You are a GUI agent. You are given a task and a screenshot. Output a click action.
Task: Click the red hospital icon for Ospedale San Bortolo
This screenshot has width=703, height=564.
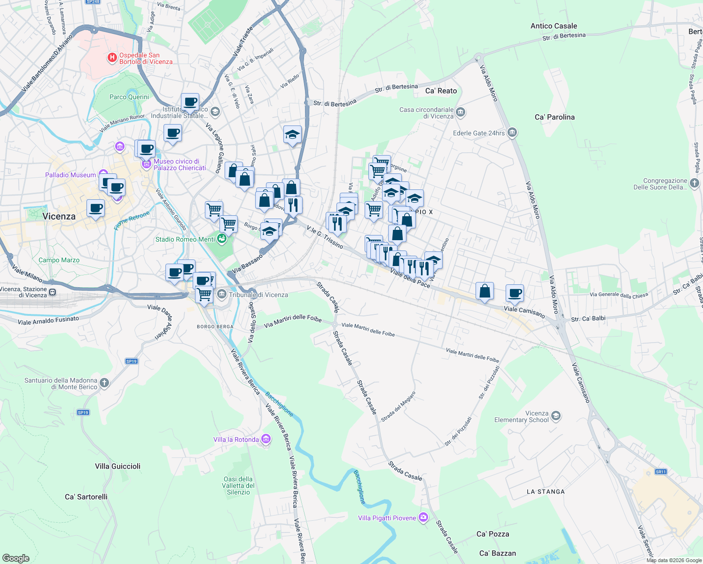[112, 58]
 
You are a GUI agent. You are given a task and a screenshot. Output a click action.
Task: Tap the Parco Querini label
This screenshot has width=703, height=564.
[129, 97]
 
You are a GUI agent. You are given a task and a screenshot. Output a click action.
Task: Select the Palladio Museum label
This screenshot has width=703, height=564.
[70, 175]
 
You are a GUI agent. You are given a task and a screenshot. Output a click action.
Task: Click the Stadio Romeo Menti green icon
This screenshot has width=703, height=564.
[222, 239]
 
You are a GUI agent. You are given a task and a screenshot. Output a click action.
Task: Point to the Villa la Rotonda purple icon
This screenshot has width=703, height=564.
[266, 439]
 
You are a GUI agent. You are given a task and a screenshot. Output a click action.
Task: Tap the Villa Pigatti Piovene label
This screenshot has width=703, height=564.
[387, 518]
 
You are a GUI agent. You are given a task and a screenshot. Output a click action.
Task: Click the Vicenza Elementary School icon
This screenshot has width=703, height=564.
[556, 415]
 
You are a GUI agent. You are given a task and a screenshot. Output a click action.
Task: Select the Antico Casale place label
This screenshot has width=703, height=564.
[554, 26]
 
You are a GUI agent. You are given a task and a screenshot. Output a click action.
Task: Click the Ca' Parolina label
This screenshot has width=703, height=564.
[555, 117]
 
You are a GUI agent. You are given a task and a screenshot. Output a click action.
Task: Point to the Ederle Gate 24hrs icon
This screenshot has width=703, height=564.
[512, 133]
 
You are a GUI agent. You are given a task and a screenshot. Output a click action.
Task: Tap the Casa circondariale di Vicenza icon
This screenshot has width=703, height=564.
[461, 112]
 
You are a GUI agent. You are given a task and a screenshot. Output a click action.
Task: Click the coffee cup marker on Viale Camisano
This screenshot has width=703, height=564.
[515, 292]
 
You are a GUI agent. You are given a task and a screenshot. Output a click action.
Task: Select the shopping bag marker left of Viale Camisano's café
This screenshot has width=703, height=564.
[484, 291]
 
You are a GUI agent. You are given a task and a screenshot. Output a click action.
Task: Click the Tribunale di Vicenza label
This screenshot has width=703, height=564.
[258, 295]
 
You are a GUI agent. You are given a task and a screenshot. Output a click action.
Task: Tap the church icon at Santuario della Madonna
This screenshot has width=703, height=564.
[104, 383]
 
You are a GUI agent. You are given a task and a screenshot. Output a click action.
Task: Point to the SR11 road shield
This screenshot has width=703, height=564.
[661, 472]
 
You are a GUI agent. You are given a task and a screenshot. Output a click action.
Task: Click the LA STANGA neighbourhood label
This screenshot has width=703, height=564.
[546, 492]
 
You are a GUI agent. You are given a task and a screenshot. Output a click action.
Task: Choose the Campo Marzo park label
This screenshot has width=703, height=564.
[59, 260]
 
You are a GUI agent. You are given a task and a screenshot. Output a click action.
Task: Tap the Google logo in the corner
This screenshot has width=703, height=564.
[16, 558]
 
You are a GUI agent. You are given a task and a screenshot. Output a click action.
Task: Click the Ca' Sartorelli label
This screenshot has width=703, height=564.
[86, 497]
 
